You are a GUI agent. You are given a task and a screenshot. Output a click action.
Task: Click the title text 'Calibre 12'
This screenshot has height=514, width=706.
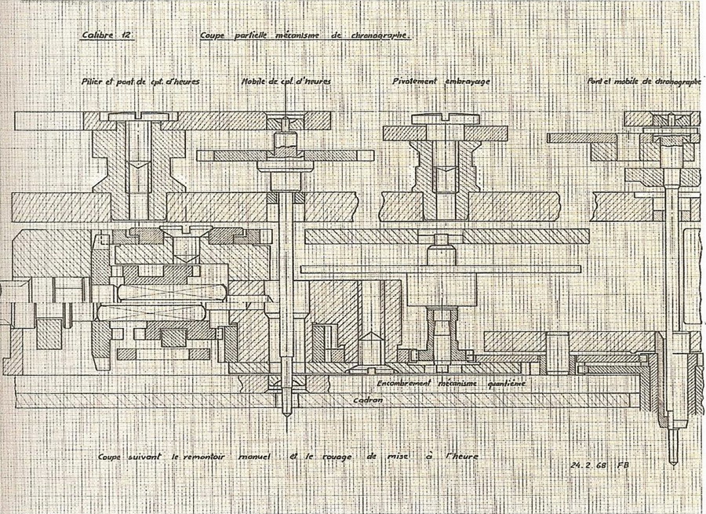(x=104, y=35)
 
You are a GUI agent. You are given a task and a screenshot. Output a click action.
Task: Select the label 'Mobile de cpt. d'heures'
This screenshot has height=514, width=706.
(x=286, y=82)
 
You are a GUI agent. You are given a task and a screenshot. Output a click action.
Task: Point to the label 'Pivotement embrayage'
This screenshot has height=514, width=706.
(x=436, y=81)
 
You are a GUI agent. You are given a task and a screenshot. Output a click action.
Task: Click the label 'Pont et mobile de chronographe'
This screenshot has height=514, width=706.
(x=643, y=82)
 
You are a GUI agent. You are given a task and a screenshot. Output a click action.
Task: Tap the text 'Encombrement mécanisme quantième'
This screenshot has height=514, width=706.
(x=450, y=384)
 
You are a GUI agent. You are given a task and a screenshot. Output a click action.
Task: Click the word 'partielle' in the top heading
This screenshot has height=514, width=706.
(x=246, y=36)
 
